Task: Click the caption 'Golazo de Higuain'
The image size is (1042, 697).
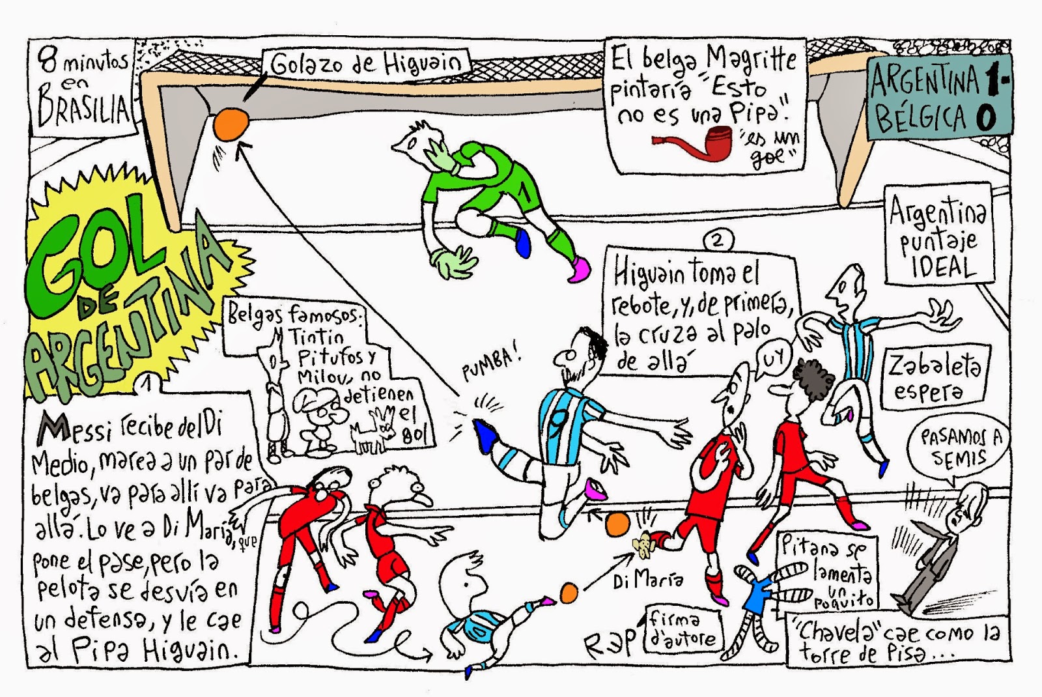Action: [367, 64]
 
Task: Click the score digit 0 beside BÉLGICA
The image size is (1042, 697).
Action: [984, 119]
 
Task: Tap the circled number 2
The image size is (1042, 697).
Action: [717, 240]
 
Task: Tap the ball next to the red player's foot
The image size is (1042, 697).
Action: [617, 524]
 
